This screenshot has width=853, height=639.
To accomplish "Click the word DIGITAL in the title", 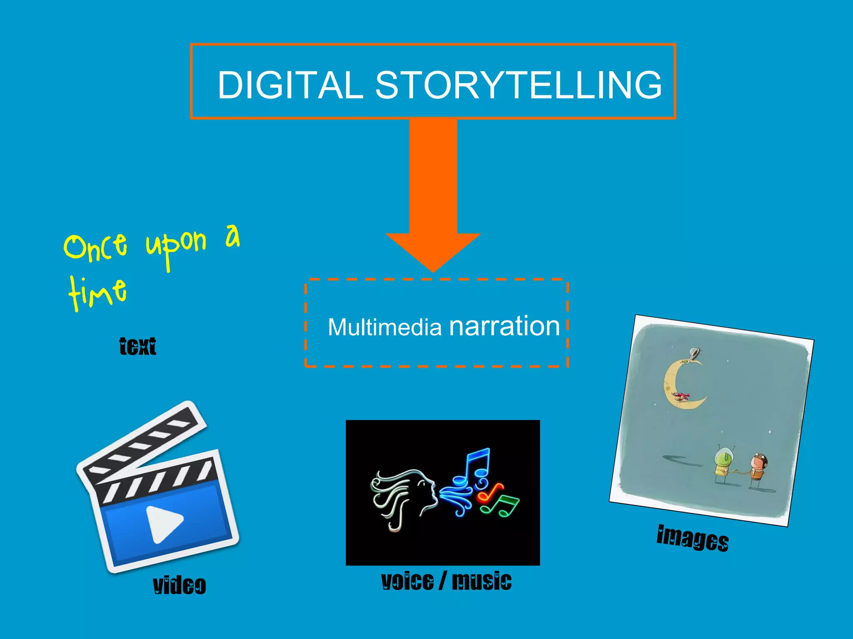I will [x=290, y=85].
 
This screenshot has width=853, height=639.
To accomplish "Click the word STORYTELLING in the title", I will [x=519, y=85].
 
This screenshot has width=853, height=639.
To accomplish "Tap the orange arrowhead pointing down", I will [x=433, y=250].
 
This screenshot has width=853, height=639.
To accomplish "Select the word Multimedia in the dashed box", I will [x=384, y=327].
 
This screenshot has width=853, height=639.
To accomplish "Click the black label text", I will [x=137, y=346].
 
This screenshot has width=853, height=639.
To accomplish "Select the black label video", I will [x=179, y=585].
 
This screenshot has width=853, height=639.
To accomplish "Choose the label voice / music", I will [x=446, y=581].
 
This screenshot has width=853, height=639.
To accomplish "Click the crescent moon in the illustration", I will [x=679, y=385].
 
